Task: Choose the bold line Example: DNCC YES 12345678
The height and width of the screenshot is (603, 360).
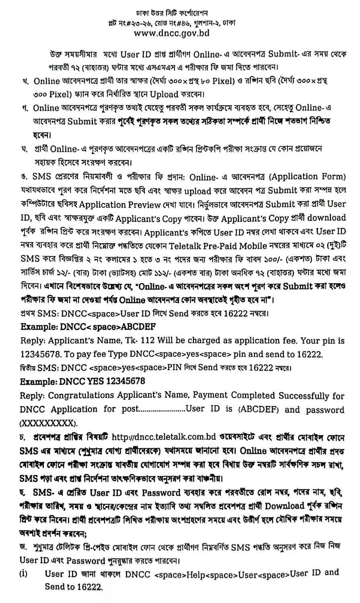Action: click(x=82, y=380)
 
